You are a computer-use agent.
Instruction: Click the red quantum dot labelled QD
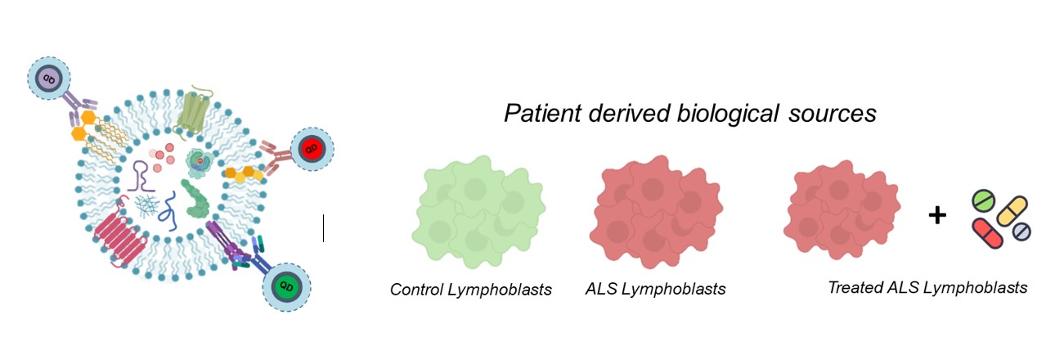[x=312, y=149]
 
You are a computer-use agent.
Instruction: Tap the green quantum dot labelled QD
[x=285, y=286]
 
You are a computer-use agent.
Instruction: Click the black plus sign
[x=938, y=215]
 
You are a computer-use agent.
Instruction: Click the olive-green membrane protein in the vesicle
[x=195, y=110]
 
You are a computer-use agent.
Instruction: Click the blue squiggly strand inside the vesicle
[x=172, y=208]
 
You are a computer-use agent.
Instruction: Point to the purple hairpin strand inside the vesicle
[x=141, y=175]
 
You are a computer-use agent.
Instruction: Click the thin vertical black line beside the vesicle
[x=324, y=228]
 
